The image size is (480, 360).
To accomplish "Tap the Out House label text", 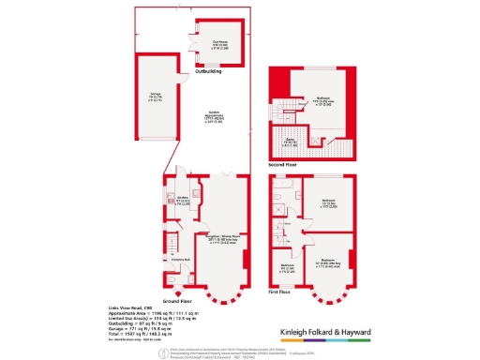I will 219,40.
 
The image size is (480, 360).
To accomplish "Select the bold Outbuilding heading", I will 207,71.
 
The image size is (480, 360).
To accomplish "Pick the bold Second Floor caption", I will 289,164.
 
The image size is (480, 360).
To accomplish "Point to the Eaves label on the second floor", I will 290,141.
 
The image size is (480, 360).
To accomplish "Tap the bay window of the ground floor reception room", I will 222,294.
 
